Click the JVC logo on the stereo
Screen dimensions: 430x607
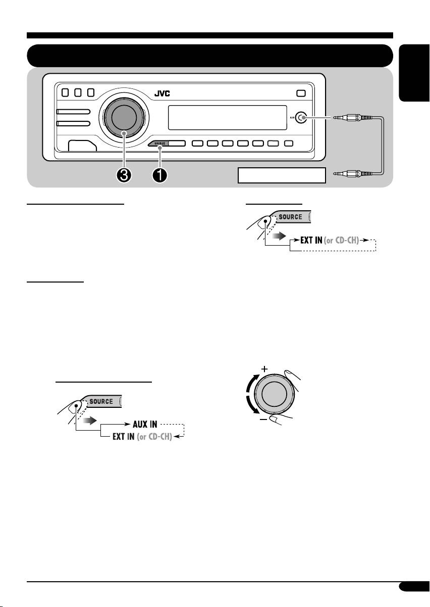162,94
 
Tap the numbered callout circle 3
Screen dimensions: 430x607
124,175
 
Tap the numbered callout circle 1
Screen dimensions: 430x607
160,175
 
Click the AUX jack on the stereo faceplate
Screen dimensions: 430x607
301,118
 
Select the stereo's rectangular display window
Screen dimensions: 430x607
227,118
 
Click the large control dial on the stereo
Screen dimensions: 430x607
124,117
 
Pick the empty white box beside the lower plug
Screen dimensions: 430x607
282,175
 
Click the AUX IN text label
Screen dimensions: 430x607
145,424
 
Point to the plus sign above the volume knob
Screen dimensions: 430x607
264,369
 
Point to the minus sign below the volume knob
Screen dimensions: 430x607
263,419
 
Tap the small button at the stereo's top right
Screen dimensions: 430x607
301,94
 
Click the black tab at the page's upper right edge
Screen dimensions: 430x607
414,73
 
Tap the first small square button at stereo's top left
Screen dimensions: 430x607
65,92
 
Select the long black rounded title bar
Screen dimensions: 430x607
210,56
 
